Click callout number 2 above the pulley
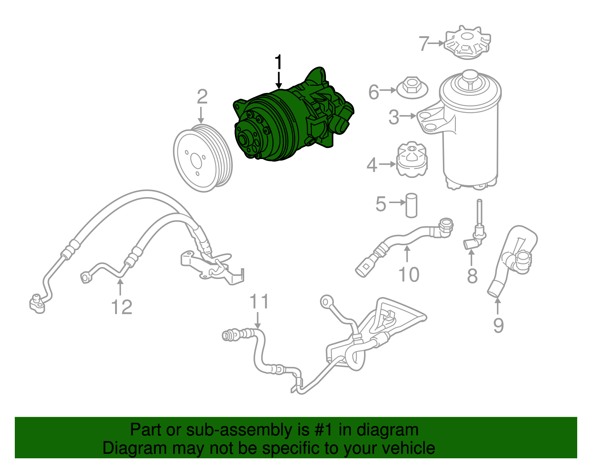[202, 97]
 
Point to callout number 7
[424, 44]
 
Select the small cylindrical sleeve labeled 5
[411, 205]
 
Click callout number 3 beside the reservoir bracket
[394, 117]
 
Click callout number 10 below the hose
[408, 275]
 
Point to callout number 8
[472, 276]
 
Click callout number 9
[498, 325]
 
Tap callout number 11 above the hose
[259, 302]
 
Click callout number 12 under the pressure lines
[121, 307]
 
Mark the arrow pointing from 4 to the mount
[387, 164]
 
